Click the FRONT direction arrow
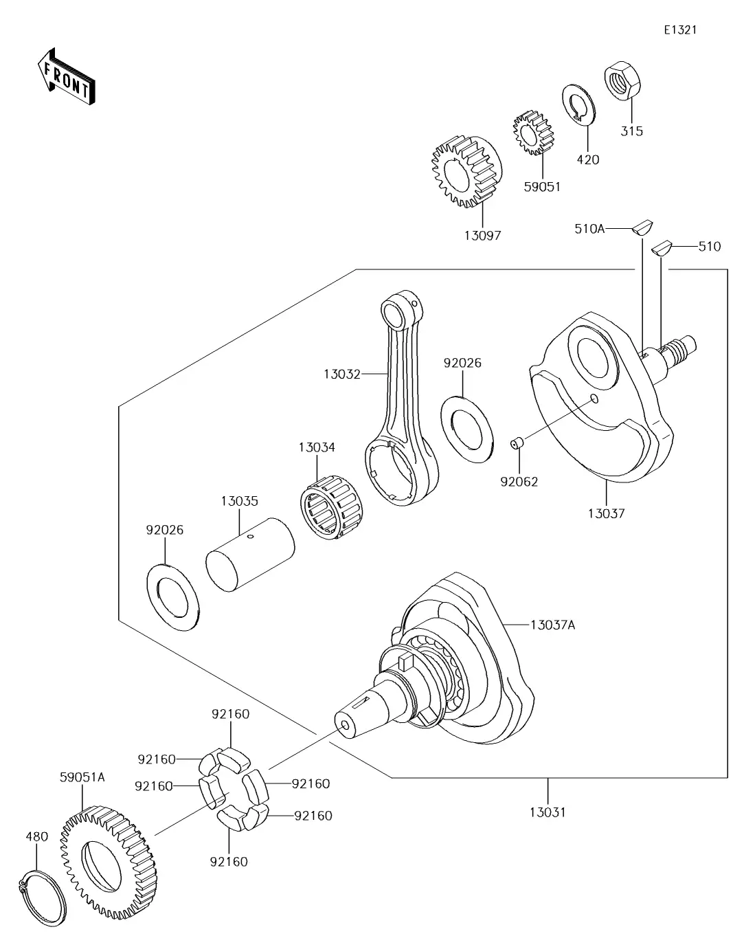(66, 77)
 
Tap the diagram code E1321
(680, 30)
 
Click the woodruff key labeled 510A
(642, 227)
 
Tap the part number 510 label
(709, 247)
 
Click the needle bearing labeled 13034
(333, 507)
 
